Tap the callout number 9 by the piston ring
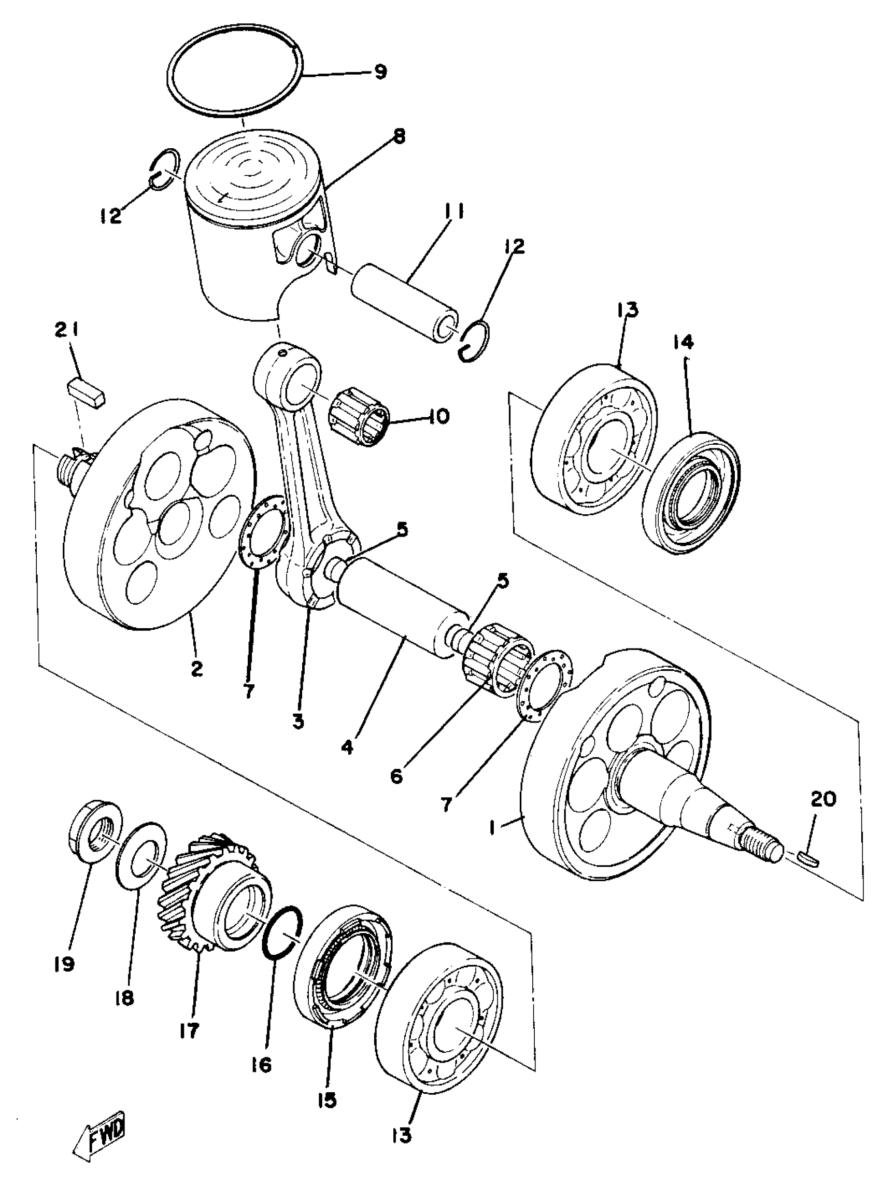pyautogui.click(x=380, y=72)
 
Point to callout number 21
pyautogui.click(x=66, y=332)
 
